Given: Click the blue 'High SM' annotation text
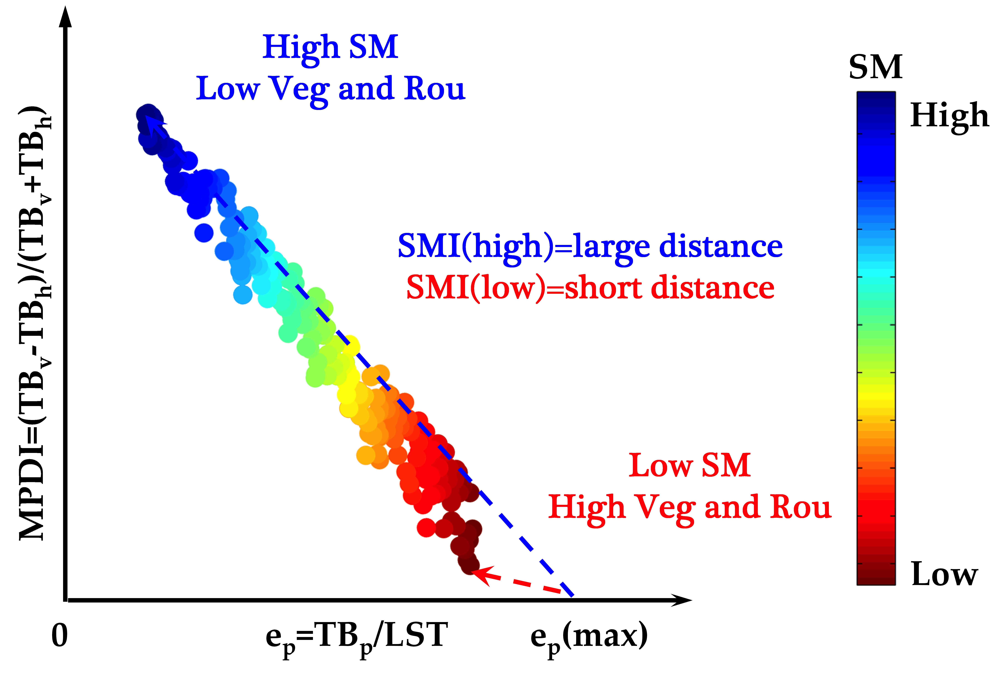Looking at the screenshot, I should tap(331, 47).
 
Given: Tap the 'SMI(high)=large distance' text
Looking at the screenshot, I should tap(590, 247).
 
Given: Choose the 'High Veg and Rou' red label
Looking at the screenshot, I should tap(690, 508).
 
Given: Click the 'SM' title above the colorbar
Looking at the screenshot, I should tap(875, 67).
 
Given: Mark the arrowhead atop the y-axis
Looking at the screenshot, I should tap(65, 17).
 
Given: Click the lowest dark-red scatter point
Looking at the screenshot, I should tap(469, 565).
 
